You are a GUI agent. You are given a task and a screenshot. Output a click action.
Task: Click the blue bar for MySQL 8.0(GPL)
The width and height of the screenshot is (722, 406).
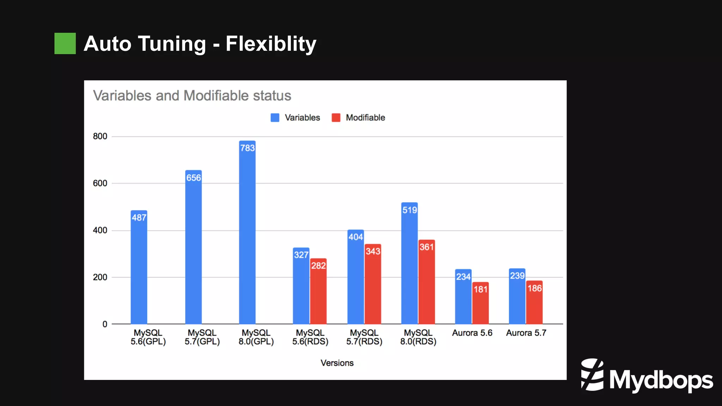click(247, 233)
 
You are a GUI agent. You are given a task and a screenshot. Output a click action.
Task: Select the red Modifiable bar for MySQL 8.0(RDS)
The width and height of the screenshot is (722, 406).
click(427, 282)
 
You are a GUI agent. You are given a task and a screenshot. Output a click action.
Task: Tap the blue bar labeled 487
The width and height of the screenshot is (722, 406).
click(139, 268)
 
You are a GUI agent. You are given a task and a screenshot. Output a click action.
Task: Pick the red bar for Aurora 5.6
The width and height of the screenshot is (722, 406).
click(481, 303)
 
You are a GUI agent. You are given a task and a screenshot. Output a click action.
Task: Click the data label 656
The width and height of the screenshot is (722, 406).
click(194, 178)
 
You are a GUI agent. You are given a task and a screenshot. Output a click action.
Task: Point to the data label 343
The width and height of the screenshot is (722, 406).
click(373, 251)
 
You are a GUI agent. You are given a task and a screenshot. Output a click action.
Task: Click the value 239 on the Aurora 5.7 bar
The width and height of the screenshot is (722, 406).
click(517, 276)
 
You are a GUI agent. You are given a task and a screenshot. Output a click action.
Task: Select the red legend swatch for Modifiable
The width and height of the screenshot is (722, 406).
click(336, 118)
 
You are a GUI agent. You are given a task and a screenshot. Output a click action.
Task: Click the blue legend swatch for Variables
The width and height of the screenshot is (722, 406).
click(275, 118)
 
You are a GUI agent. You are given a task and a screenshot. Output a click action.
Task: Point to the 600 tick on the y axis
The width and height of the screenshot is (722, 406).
click(100, 183)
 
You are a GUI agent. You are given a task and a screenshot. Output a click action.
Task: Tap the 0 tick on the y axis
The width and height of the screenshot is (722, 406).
click(105, 324)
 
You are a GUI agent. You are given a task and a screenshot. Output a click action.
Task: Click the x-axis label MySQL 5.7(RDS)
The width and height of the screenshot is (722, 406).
click(364, 337)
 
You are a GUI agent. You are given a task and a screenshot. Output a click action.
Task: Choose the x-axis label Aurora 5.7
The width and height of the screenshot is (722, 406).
click(526, 333)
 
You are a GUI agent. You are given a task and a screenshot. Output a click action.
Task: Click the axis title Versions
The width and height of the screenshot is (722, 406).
click(337, 363)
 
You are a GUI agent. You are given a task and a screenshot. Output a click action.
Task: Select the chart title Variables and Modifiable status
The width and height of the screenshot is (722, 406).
click(192, 96)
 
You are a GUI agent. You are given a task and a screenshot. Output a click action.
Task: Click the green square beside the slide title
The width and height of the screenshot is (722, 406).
click(65, 43)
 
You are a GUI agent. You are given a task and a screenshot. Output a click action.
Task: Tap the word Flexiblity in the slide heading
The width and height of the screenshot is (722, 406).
click(271, 44)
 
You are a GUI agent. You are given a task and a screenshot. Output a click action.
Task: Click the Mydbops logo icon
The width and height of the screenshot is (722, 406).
click(592, 375)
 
